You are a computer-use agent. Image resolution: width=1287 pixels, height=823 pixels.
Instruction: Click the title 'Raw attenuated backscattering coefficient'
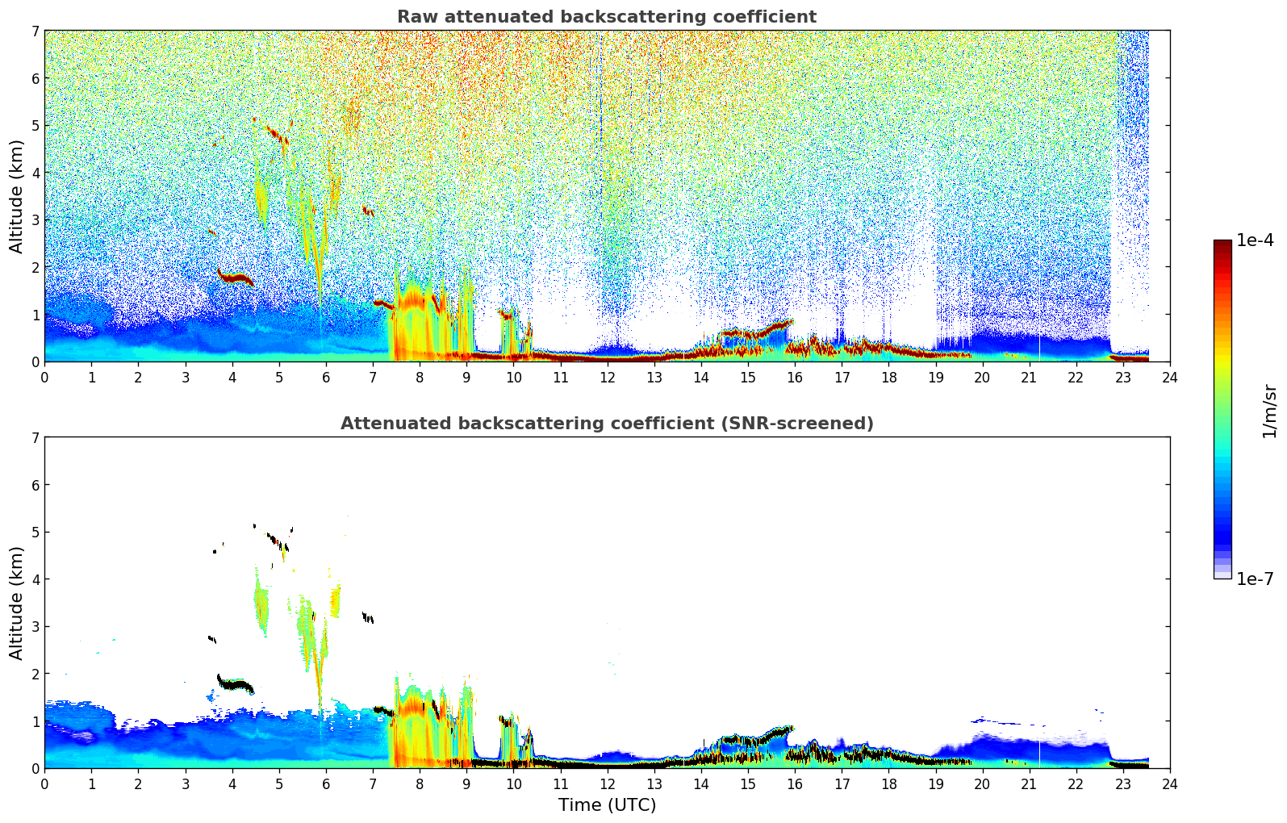(606, 17)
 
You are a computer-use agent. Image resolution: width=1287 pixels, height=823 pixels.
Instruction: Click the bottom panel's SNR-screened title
(606, 424)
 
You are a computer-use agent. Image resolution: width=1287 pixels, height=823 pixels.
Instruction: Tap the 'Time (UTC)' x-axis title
(607, 805)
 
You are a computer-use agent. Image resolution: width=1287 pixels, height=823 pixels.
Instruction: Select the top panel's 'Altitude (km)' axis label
(16, 196)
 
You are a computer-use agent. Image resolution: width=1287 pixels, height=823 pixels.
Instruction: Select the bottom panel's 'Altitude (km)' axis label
(16, 603)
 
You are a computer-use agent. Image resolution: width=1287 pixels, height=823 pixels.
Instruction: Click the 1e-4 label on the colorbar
(1255, 240)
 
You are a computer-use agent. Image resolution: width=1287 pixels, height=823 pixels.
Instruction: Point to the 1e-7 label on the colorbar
(1255, 579)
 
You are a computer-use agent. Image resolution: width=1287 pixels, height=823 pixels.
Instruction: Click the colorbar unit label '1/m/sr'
(1269, 411)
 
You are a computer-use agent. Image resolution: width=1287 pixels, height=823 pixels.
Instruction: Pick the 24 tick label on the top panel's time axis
(1170, 378)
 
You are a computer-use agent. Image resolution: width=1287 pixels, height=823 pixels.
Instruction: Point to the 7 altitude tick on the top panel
(36, 31)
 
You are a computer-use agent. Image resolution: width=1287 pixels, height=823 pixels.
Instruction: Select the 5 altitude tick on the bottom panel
(36, 533)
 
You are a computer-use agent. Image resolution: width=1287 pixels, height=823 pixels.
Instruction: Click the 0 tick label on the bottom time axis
(44, 784)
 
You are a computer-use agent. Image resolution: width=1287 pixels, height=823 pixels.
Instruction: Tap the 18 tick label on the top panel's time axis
(888, 378)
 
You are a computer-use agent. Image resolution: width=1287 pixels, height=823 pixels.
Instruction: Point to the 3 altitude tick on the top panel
(36, 220)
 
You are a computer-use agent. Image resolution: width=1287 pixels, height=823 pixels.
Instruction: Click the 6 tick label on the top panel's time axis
(326, 378)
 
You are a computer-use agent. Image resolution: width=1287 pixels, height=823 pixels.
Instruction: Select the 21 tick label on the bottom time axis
(1029, 784)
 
